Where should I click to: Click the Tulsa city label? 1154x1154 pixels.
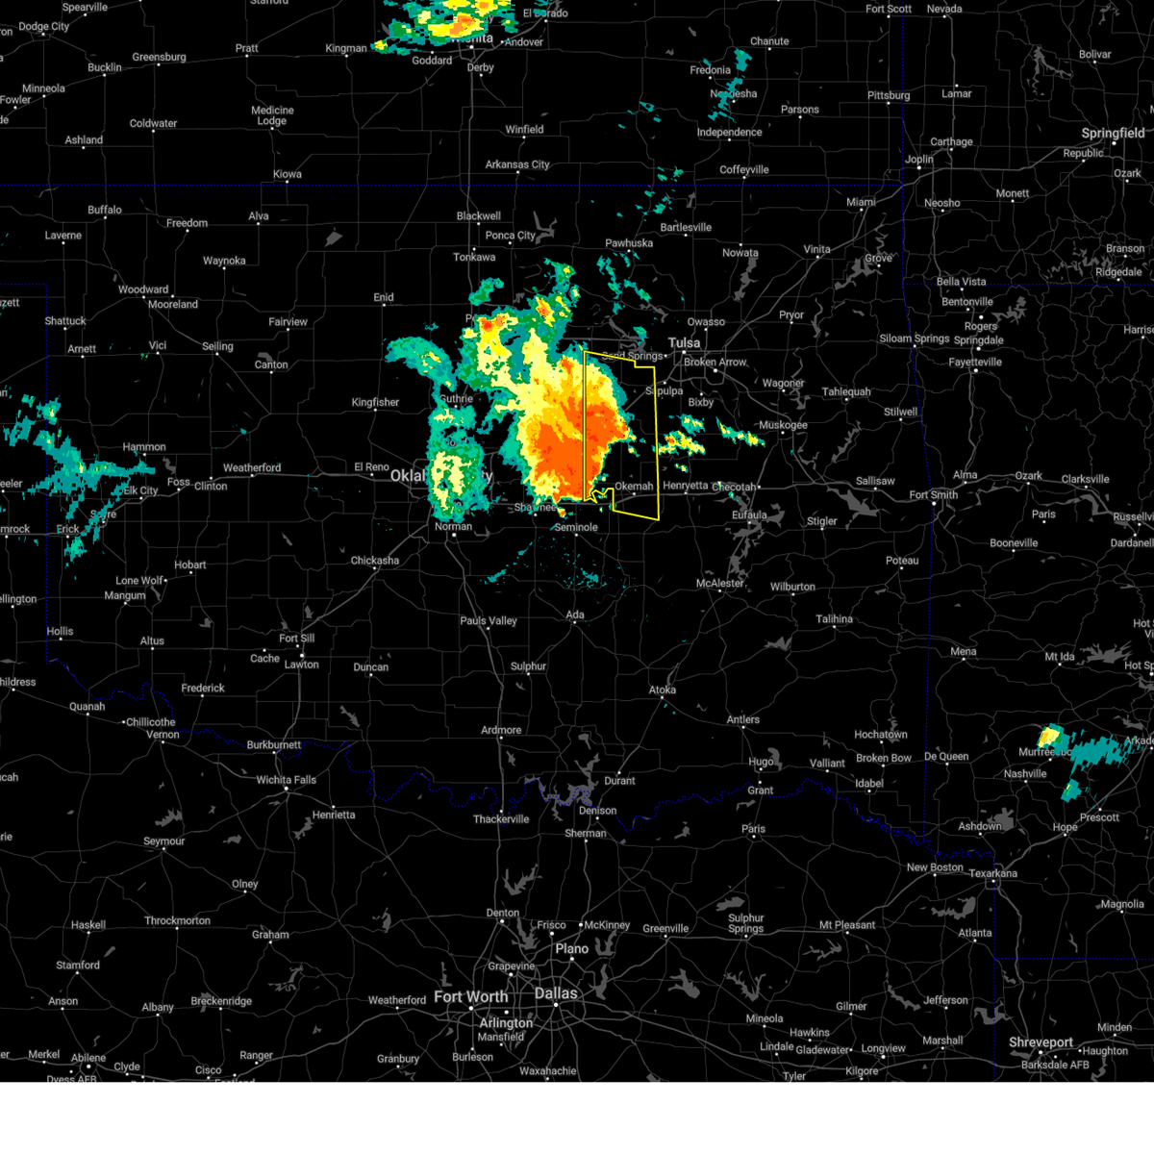coord(685,342)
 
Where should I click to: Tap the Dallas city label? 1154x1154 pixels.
coord(556,993)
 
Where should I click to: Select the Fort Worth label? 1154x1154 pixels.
coord(470,996)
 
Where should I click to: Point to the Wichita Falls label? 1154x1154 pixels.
coord(286,780)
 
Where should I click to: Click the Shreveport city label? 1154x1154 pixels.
coord(1041,1042)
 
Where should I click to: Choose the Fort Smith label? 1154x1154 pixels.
coord(933,495)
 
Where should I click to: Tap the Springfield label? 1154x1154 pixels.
coord(1113,133)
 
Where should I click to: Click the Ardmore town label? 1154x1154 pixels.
coord(501,730)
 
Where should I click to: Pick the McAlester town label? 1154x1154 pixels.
coord(719,584)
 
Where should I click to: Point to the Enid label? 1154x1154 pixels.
coord(384,297)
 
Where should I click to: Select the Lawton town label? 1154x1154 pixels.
coord(301,665)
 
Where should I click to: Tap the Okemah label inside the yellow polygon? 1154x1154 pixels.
coord(634,487)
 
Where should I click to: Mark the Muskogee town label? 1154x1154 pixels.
coord(783,425)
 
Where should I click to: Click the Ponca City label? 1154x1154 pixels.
coord(510,236)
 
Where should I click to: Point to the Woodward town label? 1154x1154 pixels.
coord(143,289)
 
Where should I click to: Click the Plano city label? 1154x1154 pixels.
coord(571,949)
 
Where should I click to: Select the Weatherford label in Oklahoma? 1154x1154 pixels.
coord(252,468)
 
